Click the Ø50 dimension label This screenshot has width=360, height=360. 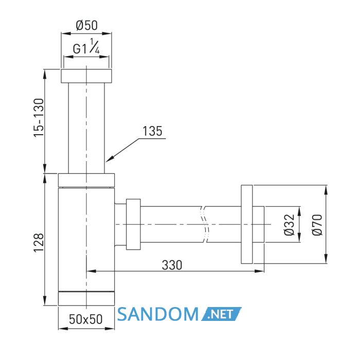pos(86,25)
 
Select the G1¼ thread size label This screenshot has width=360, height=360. pos(86,47)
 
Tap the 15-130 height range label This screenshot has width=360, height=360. pos(39,118)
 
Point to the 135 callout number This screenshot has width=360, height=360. pos(152,131)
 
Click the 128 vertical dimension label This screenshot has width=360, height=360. pos(39,243)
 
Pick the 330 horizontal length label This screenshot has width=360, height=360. pos(172,265)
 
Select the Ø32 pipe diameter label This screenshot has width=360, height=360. pos(289,225)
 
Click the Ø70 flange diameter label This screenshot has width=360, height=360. pos(317,225)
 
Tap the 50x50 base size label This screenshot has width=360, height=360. pos(86,319)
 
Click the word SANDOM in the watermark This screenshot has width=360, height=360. pos(158,314)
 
